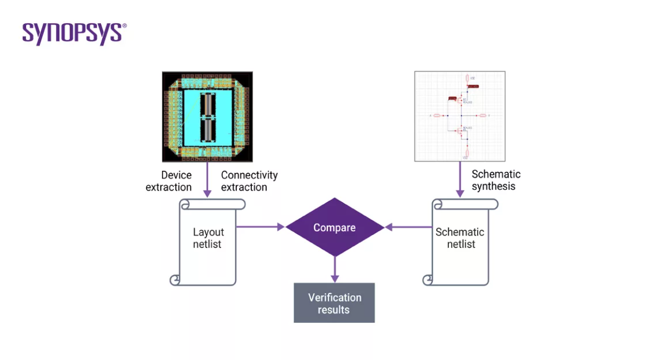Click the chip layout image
point(207,116)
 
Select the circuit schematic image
point(459,116)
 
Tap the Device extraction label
point(169,181)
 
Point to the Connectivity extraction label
point(249,181)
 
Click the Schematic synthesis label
point(496,180)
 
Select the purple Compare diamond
point(335,227)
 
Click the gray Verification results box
point(334,303)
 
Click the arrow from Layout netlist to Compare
point(261,227)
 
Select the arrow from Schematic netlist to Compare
point(408,227)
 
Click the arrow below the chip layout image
point(207,180)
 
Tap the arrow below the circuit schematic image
point(459,180)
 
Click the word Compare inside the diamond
point(335,228)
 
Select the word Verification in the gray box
point(335,297)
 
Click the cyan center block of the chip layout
point(191,116)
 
